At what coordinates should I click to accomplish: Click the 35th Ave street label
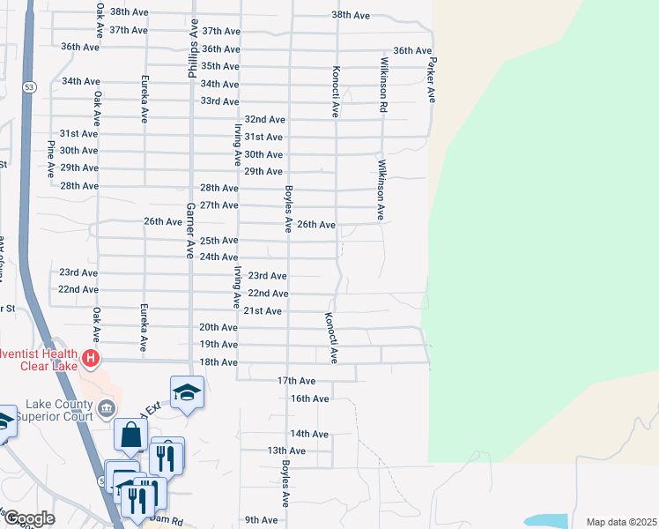coord(220,66)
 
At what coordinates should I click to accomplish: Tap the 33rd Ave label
coord(220,101)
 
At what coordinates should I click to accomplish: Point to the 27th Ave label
coord(219,205)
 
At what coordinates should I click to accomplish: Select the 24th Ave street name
coord(219,257)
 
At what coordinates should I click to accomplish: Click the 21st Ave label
coord(263,311)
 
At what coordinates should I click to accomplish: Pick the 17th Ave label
coord(296,381)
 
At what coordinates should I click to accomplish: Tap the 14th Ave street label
coord(309,434)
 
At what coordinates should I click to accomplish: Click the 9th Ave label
coord(262,520)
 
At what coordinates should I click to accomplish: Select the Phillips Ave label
coord(193,50)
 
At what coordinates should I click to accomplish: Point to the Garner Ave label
coord(189,230)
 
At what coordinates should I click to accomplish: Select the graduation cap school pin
coord(187,391)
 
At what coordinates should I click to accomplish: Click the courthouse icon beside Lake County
coord(107,407)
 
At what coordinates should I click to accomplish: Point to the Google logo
coord(28,519)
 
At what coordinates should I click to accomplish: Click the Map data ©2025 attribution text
coord(621,522)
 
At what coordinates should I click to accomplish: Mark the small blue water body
coord(546,521)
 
